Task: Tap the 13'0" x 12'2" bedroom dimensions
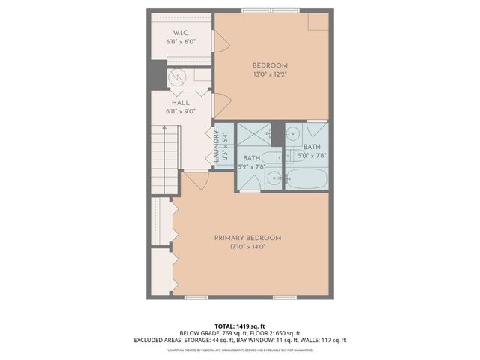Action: tap(270, 74)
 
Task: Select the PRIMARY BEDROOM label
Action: tap(247, 238)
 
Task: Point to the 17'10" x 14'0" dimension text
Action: tap(247, 247)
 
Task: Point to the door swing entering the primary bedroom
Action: tap(195, 180)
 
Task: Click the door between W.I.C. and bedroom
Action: tap(221, 41)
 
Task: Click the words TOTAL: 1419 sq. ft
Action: tap(239, 325)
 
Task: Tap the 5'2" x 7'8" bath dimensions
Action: tap(251, 166)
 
